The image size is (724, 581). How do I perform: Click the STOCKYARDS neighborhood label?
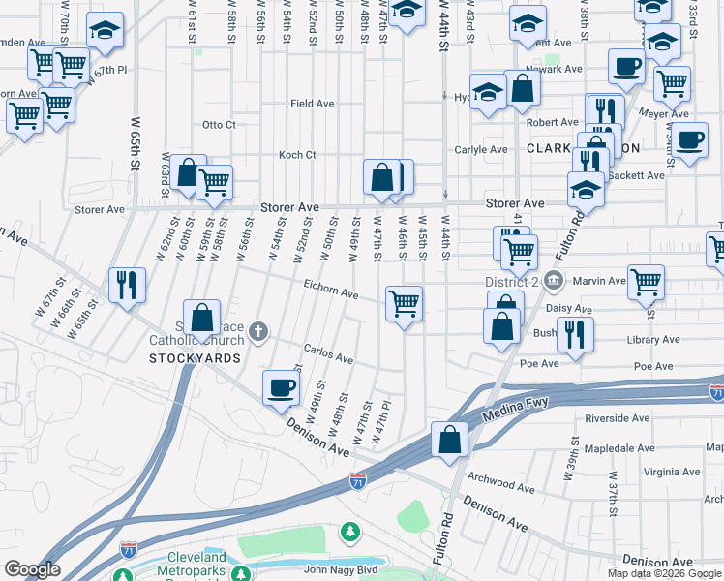(195, 358)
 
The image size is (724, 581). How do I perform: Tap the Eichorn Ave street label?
(331, 294)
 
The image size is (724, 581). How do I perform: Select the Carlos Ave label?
(328, 356)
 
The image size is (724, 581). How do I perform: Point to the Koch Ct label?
(297, 155)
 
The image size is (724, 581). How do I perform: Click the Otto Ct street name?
(219, 125)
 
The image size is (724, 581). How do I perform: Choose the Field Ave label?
(312, 104)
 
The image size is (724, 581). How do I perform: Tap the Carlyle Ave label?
(482, 150)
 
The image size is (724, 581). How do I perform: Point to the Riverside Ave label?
(618, 419)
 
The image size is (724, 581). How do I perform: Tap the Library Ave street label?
(650, 341)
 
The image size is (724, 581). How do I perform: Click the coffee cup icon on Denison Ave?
(282, 387)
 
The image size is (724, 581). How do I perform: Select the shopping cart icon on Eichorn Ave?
(404, 303)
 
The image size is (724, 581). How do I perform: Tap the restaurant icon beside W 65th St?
(128, 285)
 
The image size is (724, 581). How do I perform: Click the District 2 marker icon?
(554, 282)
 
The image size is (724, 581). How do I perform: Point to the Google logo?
(32, 569)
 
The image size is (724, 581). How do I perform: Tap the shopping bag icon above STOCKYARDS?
(201, 317)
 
